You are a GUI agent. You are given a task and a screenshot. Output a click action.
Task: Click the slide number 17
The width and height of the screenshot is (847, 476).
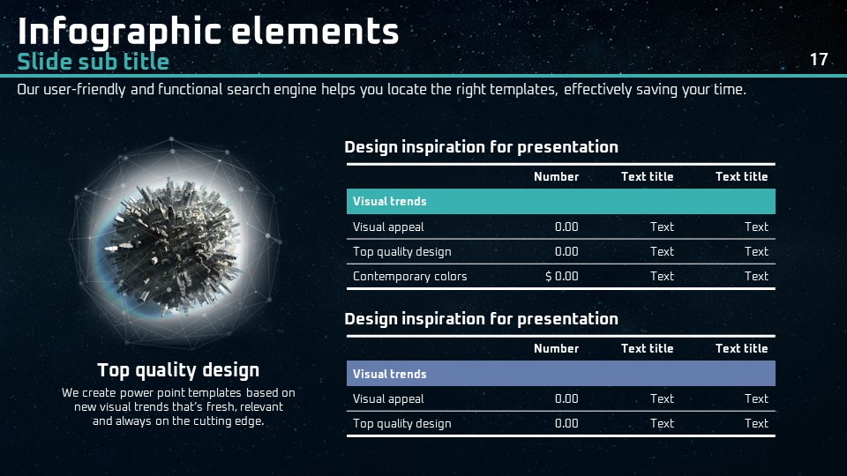(x=819, y=59)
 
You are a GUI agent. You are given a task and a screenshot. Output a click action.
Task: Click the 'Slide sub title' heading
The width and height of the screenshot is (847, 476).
(x=93, y=62)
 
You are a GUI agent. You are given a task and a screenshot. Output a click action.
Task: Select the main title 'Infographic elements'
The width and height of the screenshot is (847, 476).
(x=208, y=32)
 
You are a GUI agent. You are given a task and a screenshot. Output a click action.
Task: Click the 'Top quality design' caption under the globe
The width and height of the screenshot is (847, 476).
(x=178, y=371)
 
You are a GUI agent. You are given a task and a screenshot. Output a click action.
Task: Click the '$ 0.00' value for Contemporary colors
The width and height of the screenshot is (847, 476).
(x=562, y=276)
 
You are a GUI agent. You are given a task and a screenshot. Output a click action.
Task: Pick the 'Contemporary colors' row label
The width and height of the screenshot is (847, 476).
(x=409, y=277)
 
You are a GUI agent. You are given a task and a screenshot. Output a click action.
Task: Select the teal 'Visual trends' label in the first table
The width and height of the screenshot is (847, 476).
(x=389, y=201)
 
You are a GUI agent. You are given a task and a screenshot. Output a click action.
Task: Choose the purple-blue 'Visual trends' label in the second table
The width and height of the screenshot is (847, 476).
(x=389, y=374)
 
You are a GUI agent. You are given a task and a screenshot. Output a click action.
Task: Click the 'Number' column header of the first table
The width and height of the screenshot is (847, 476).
(x=556, y=177)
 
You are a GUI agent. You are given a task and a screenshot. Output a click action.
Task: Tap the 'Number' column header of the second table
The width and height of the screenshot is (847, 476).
(x=556, y=349)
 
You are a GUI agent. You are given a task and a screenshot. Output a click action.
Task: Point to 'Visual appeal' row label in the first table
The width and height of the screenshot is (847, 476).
(x=388, y=227)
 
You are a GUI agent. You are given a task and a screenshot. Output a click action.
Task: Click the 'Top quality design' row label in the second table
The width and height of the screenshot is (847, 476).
(x=402, y=424)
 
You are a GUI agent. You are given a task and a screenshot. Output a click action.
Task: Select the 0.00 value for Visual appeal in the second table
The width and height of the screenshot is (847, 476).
(x=566, y=398)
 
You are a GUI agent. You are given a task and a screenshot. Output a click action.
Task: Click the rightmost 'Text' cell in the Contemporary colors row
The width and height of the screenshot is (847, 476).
(x=756, y=276)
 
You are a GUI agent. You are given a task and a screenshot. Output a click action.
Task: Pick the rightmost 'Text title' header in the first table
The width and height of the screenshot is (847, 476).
(x=741, y=177)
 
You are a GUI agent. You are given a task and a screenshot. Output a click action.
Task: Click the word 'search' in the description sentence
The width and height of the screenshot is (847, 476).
(x=249, y=90)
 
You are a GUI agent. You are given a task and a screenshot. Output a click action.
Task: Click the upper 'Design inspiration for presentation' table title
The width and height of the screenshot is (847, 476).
(x=482, y=147)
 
